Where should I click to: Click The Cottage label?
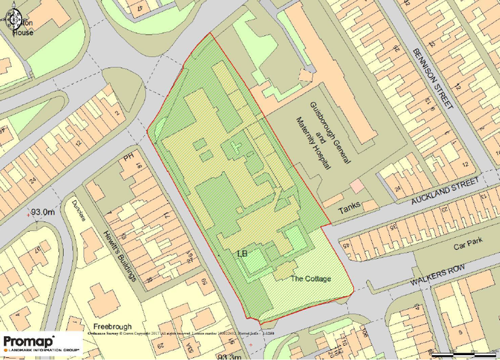(310, 278)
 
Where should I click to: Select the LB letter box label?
(243, 254)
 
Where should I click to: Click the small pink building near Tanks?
(356, 185)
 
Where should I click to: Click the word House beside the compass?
(22, 32)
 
